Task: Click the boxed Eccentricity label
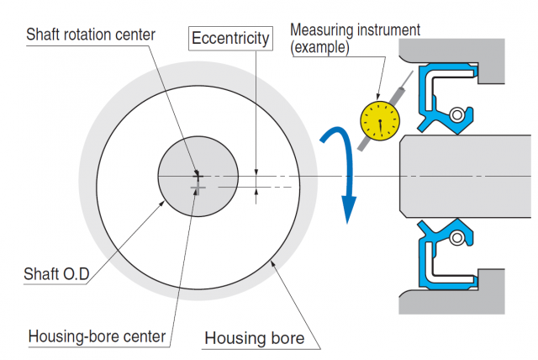click(x=230, y=38)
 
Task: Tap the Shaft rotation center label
click(x=91, y=34)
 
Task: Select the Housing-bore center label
click(x=98, y=336)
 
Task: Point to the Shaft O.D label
click(x=56, y=274)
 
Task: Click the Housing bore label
click(x=254, y=338)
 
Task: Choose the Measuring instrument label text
click(x=355, y=29)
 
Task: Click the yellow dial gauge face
click(x=380, y=120)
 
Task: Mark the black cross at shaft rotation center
click(x=198, y=176)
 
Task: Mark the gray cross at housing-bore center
click(x=198, y=188)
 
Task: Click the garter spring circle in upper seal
click(x=457, y=114)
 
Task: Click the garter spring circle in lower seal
click(x=457, y=237)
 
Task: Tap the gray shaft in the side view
click(x=466, y=177)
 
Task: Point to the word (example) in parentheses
click(x=319, y=47)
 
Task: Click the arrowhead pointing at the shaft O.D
click(x=162, y=204)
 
